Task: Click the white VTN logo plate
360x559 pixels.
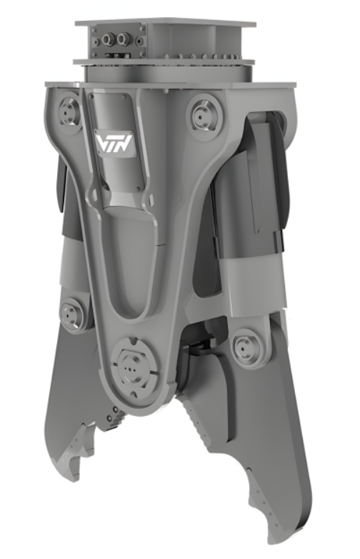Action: point(114,143)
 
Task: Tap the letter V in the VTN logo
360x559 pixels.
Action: point(101,142)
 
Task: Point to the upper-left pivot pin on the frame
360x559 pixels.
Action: point(68,112)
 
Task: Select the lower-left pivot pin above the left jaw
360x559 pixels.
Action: point(71,314)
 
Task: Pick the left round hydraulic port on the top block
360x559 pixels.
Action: point(107,39)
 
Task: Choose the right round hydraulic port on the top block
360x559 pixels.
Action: point(122,39)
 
